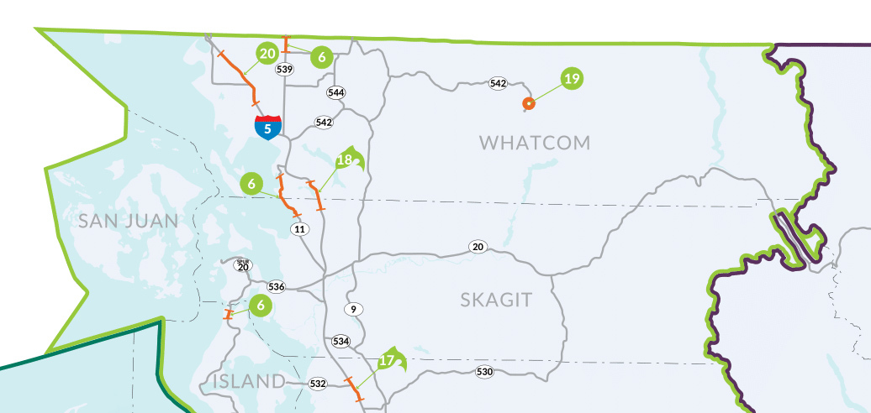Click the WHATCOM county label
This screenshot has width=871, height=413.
(x=535, y=143)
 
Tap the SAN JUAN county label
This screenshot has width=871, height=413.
(x=129, y=221)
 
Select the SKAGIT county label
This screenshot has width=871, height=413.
(x=496, y=300)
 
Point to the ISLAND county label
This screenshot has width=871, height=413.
(x=249, y=382)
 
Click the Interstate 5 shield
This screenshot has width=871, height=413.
(x=268, y=128)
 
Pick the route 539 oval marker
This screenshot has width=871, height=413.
(x=284, y=69)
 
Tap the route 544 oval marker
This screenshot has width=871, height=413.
(x=337, y=92)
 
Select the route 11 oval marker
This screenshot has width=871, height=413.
(x=299, y=228)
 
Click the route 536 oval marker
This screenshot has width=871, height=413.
(x=277, y=287)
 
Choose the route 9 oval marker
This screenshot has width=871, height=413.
(x=354, y=309)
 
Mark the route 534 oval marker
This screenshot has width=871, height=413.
(x=340, y=341)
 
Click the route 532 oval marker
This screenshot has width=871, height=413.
(x=318, y=384)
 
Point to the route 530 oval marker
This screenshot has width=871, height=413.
(x=484, y=372)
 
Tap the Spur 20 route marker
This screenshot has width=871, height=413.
(x=243, y=265)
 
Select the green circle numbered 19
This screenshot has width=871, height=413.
(x=572, y=79)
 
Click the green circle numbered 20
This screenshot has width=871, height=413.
(x=268, y=54)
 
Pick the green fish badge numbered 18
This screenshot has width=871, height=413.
(x=346, y=159)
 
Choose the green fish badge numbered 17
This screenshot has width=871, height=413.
(x=388, y=361)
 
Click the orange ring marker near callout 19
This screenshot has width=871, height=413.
(x=529, y=104)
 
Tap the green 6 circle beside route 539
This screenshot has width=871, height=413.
(x=320, y=56)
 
